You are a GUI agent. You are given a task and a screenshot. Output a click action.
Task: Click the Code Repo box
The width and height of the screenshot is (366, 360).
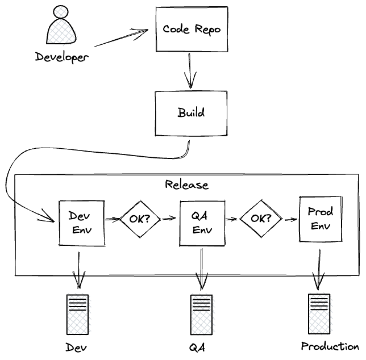pos(192,29)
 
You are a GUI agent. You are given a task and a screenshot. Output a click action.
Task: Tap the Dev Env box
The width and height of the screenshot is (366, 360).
pos(82,223)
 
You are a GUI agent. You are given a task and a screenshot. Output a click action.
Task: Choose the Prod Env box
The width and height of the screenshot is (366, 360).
pos(320,219)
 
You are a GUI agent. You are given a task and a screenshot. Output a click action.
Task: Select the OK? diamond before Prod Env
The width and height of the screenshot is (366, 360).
pos(261,218)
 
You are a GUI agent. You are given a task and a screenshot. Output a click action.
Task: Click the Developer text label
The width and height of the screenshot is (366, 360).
pos(62,57)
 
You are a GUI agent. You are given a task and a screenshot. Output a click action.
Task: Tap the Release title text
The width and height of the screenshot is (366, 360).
pos(186,185)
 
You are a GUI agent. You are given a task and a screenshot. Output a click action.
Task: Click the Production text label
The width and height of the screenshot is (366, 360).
pos(330,346)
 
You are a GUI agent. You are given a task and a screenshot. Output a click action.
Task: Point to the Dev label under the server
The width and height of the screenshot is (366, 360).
pos(77,347)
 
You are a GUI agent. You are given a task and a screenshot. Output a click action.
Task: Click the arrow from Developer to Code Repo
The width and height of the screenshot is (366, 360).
pos(122,37)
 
